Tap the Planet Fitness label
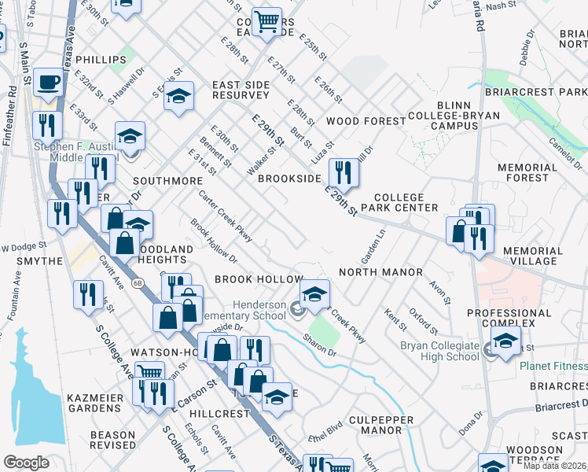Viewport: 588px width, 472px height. click(553, 366)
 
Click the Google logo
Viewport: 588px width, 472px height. click(26, 462)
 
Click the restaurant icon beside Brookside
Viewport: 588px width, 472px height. click(343, 171)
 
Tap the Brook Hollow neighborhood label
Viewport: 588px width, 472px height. click(259, 279)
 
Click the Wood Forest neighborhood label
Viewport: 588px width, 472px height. click(366, 121)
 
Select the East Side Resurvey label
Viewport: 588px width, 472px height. click(241, 89)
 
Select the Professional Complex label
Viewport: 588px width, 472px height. click(532, 318)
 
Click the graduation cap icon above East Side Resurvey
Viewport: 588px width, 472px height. click(179, 98)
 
